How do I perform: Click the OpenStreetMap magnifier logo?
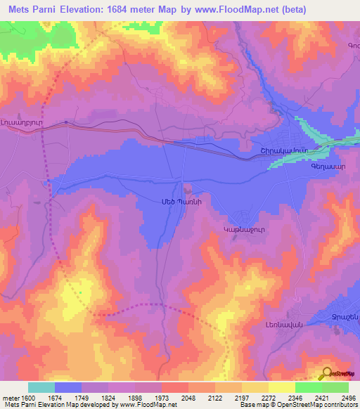click(x=326, y=374)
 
